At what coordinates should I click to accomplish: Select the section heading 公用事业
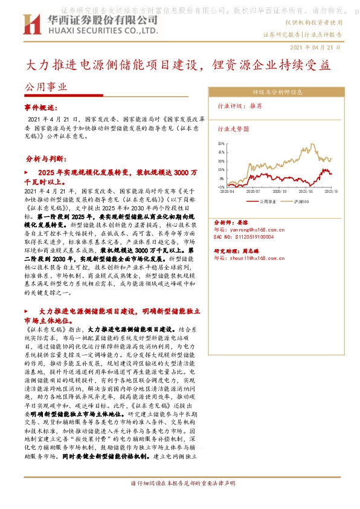click(x=46, y=86)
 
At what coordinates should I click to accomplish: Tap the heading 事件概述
click(x=39, y=106)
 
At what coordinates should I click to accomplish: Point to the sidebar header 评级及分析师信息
click(x=277, y=92)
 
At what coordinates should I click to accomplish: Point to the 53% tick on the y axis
click(x=222, y=143)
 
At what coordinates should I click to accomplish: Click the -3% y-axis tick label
click(x=222, y=187)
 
